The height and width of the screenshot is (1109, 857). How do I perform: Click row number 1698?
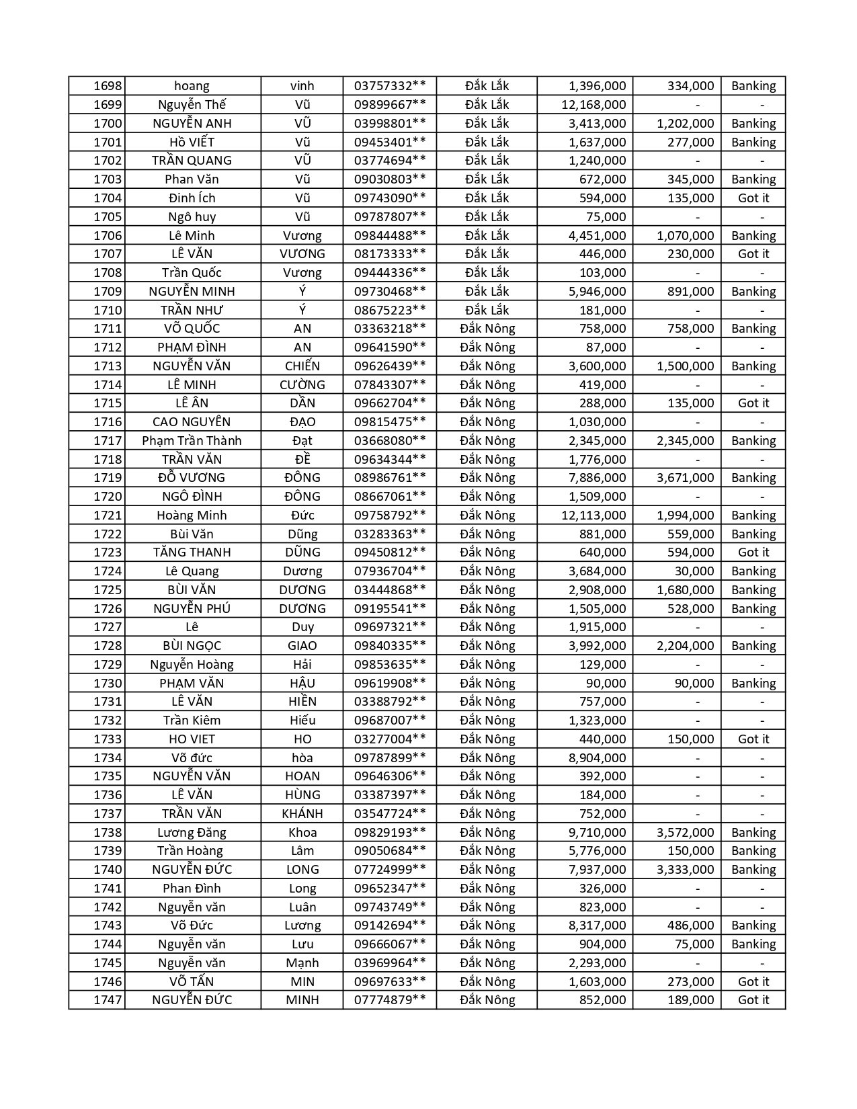[108, 86]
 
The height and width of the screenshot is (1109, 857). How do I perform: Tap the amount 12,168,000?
[594, 105]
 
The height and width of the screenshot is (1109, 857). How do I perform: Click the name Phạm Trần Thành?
[192, 441]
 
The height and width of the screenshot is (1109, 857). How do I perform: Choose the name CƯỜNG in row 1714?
[302, 385]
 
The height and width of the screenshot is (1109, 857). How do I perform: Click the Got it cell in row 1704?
[753, 198]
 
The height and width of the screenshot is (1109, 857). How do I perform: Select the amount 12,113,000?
[594, 516]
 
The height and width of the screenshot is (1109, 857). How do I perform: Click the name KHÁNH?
[302, 814]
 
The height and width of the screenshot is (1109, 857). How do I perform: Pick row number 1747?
[108, 1000]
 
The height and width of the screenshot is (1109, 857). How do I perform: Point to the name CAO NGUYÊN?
[192, 422]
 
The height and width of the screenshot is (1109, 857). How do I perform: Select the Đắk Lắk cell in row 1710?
[487, 311]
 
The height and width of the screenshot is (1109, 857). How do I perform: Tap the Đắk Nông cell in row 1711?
[487, 329]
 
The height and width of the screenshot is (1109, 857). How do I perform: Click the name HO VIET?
[192, 739]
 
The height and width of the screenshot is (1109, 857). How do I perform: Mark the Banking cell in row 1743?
[753, 926]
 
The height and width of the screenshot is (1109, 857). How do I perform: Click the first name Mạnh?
[302, 963]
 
